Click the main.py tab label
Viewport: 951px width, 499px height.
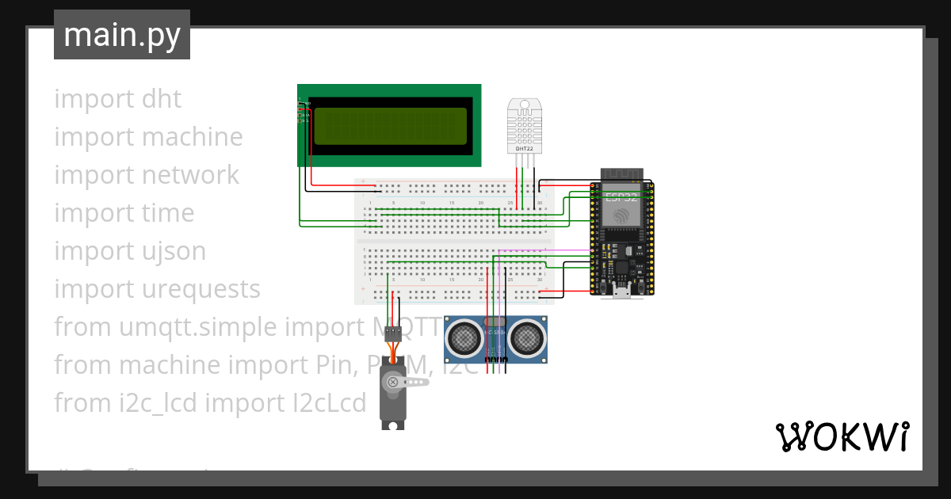(x=122, y=35)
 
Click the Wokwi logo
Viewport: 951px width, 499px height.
(x=842, y=436)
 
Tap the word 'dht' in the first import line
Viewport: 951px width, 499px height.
(x=161, y=99)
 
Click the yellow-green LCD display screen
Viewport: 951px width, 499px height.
(x=390, y=126)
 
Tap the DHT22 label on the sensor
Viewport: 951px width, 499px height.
(x=524, y=148)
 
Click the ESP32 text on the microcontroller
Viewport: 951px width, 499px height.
(x=621, y=197)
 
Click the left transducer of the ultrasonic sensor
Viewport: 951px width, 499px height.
(x=464, y=339)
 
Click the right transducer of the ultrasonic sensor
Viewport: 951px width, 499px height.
(x=526, y=339)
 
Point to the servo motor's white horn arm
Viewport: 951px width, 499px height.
(x=414, y=382)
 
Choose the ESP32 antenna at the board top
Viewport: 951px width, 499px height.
(x=621, y=174)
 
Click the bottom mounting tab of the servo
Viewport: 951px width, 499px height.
(x=391, y=425)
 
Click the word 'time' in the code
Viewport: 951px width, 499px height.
(x=167, y=213)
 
